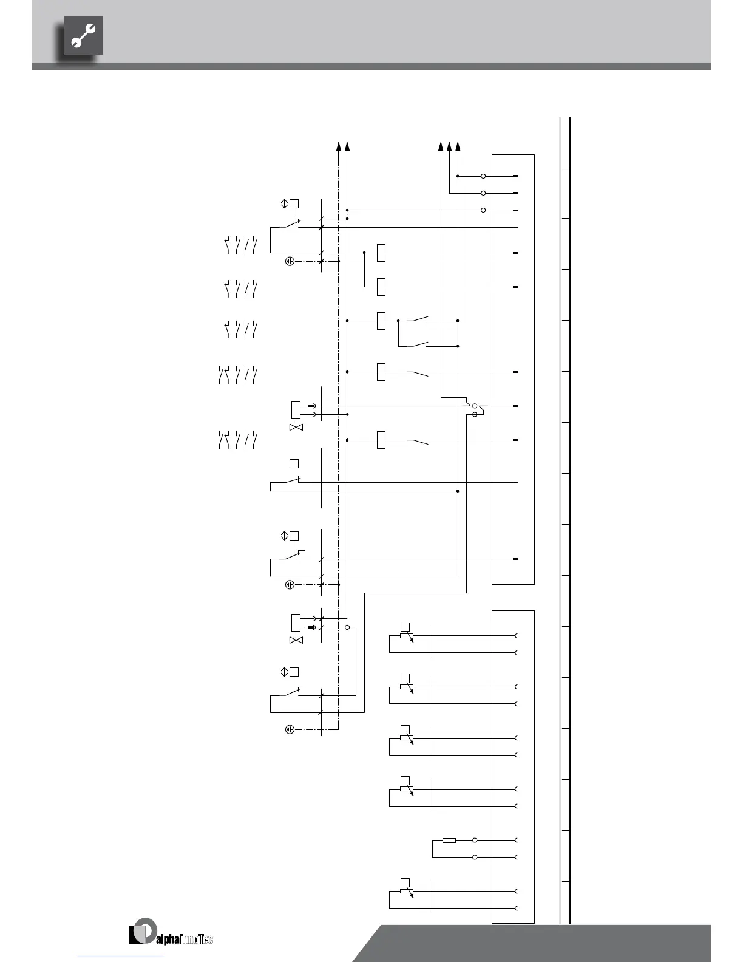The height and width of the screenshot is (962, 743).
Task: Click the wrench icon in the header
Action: (x=83, y=36)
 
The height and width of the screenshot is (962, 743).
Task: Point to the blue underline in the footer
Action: (x=121, y=957)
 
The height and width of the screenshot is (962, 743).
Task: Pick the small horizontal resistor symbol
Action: (x=449, y=840)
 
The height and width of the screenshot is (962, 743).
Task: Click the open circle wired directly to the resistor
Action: (x=475, y=840)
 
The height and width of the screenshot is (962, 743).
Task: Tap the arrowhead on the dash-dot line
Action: (x=339, y=146)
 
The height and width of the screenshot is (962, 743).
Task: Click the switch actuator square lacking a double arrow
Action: (x=294, y=464)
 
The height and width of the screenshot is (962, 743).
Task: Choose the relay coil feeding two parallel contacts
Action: (x=381, y=321)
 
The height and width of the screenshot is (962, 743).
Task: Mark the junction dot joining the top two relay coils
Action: (x=364, y=253)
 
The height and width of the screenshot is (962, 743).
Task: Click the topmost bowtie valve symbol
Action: (x=297, y=428)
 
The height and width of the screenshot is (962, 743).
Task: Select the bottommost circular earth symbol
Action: (x=290, y=729)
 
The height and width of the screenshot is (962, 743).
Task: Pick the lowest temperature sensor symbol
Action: (x=405, y=889)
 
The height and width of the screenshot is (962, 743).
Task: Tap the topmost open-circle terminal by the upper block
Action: (x=483, y=176)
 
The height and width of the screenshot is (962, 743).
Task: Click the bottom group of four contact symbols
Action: (x=237, y=440)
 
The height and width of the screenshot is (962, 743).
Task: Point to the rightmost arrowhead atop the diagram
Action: (x=458, y=146)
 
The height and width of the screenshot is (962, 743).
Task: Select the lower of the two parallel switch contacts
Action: (x=420, y=346)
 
